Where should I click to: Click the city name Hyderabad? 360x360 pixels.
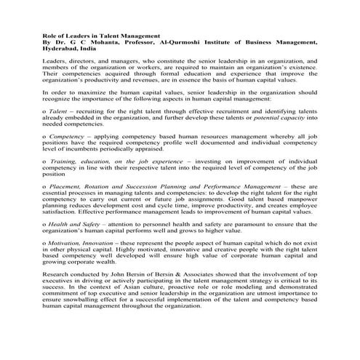tap(61, 49)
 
